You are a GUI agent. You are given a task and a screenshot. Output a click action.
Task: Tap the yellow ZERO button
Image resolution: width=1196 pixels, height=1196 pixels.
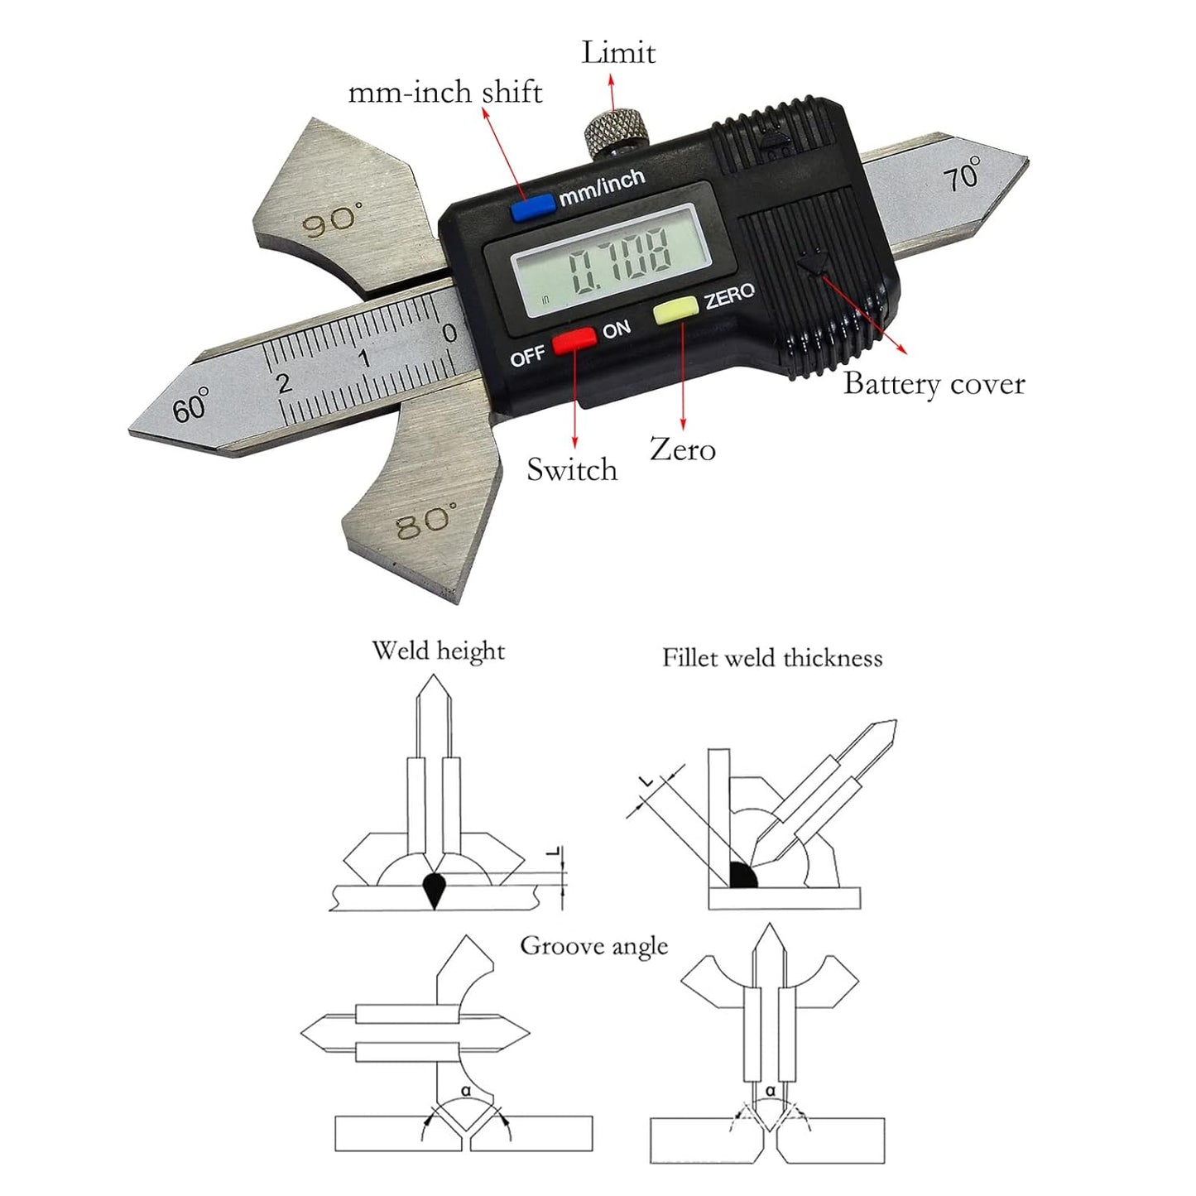(x=676, y=310)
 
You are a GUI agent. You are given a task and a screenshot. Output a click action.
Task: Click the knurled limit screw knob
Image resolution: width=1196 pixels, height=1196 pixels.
(x=616, y=132)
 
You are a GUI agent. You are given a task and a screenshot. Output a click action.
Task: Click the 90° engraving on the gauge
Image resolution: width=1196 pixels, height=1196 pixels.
(x=331, y=219)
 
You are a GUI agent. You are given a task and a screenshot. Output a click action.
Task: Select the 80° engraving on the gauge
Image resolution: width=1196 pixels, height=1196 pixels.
(x=426, y=520)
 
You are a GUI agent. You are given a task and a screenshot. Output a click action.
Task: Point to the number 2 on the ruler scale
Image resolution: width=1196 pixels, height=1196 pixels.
(x=284, y=383)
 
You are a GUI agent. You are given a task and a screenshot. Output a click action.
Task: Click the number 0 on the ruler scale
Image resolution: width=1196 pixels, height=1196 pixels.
(x=450, y=334)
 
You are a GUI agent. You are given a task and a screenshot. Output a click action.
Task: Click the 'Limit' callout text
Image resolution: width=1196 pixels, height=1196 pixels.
(x=618, y=52)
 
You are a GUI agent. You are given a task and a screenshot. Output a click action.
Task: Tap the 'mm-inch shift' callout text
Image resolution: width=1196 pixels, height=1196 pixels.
(x=445, y=93)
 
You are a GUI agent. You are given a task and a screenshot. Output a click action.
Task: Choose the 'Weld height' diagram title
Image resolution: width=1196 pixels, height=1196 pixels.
(x=438, y=651)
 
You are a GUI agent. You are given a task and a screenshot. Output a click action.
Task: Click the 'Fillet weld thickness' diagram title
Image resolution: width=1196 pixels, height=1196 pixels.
(x=772, y=658)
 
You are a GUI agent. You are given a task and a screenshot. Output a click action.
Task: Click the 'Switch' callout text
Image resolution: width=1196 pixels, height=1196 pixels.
(x=572, y=470)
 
